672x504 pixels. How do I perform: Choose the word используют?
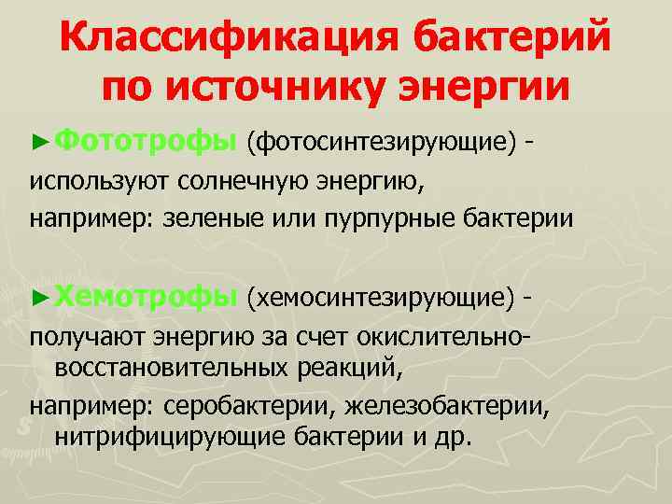(x=90, y=181)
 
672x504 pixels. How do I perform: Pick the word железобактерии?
(x=449, y=406)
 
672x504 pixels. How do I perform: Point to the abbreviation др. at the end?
(x=455, y=437)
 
